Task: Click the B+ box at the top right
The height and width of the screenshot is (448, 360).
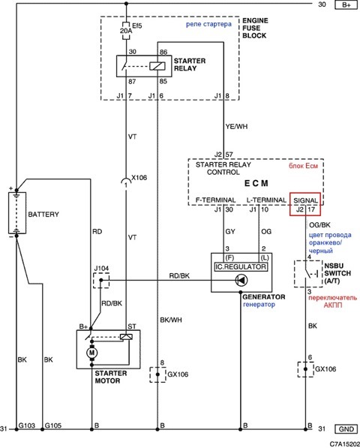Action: [x=346, y=5]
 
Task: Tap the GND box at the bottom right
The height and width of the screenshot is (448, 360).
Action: [x=346, y=429]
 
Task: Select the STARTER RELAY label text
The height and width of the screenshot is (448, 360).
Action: [x=190, y=65]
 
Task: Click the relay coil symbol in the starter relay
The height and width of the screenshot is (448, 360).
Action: [x=157, y=66]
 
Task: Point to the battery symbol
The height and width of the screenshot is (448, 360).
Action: [x=17, y=213]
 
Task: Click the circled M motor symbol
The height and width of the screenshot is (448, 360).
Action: [x=91, y=353]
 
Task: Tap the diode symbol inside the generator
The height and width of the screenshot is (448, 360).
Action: [x=241, y=281]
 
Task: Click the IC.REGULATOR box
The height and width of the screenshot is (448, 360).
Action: [x=241, y=267]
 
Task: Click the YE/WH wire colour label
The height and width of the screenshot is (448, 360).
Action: [x=236, y=126]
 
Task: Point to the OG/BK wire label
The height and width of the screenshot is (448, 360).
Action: [x=319, y=225]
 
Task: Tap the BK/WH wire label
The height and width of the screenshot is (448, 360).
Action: [x=171, y=320]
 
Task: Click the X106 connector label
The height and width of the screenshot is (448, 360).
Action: [x=139, y=177]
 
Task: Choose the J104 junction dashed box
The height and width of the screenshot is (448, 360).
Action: [x=101, y=281]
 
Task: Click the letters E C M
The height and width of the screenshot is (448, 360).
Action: [x=256, y=183]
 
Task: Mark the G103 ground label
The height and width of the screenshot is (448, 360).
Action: [x=26, y=425]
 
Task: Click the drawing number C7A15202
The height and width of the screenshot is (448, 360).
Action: [x=344, y=443]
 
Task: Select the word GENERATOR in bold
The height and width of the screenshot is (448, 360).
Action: [x=264, y=297]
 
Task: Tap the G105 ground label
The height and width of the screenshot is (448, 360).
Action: [x=53, y=425]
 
